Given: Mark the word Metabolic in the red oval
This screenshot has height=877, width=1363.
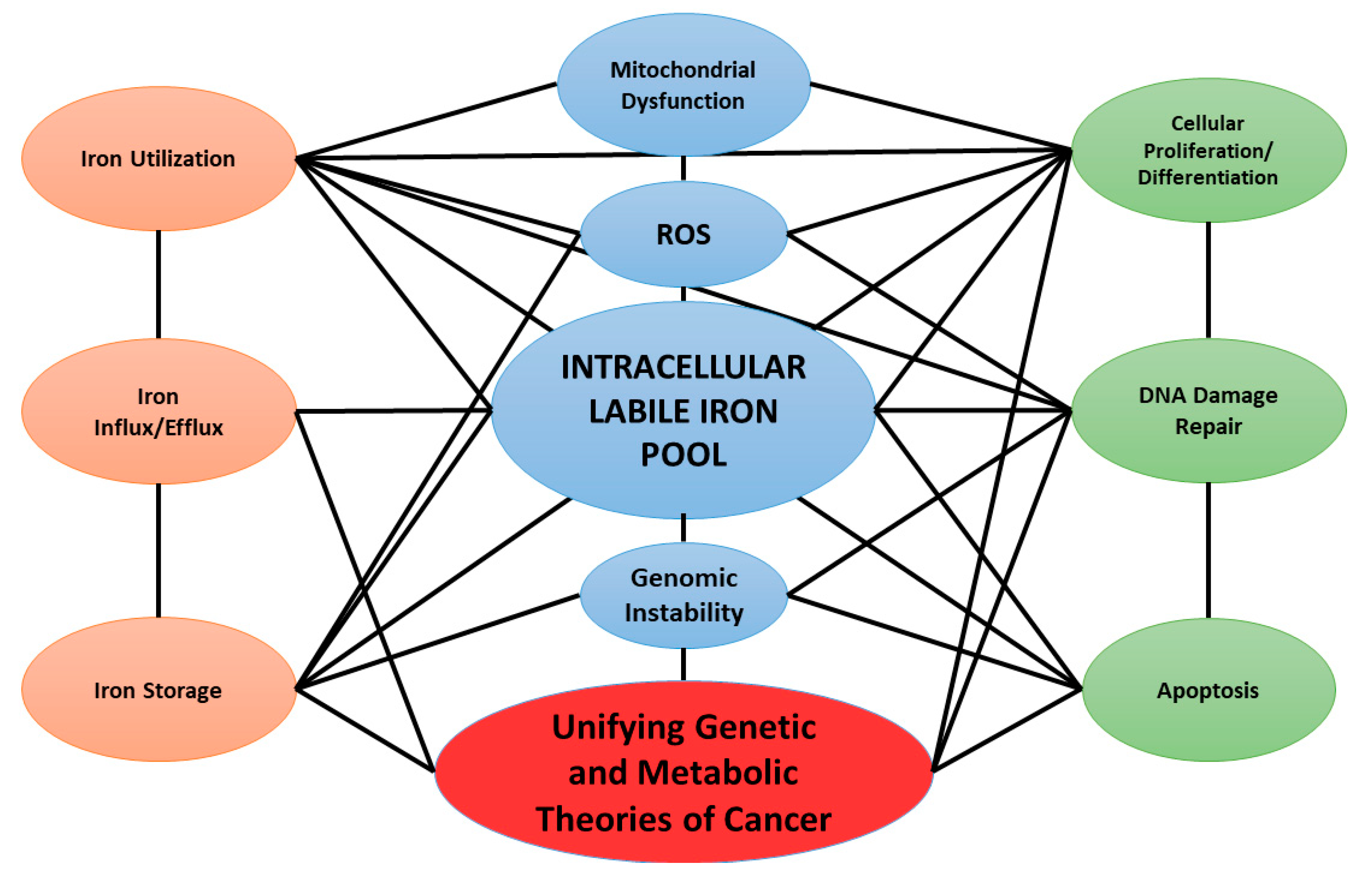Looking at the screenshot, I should [x=717, y=773].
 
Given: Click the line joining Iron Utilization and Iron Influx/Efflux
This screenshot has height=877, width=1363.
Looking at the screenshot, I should [x=158, y=285].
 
